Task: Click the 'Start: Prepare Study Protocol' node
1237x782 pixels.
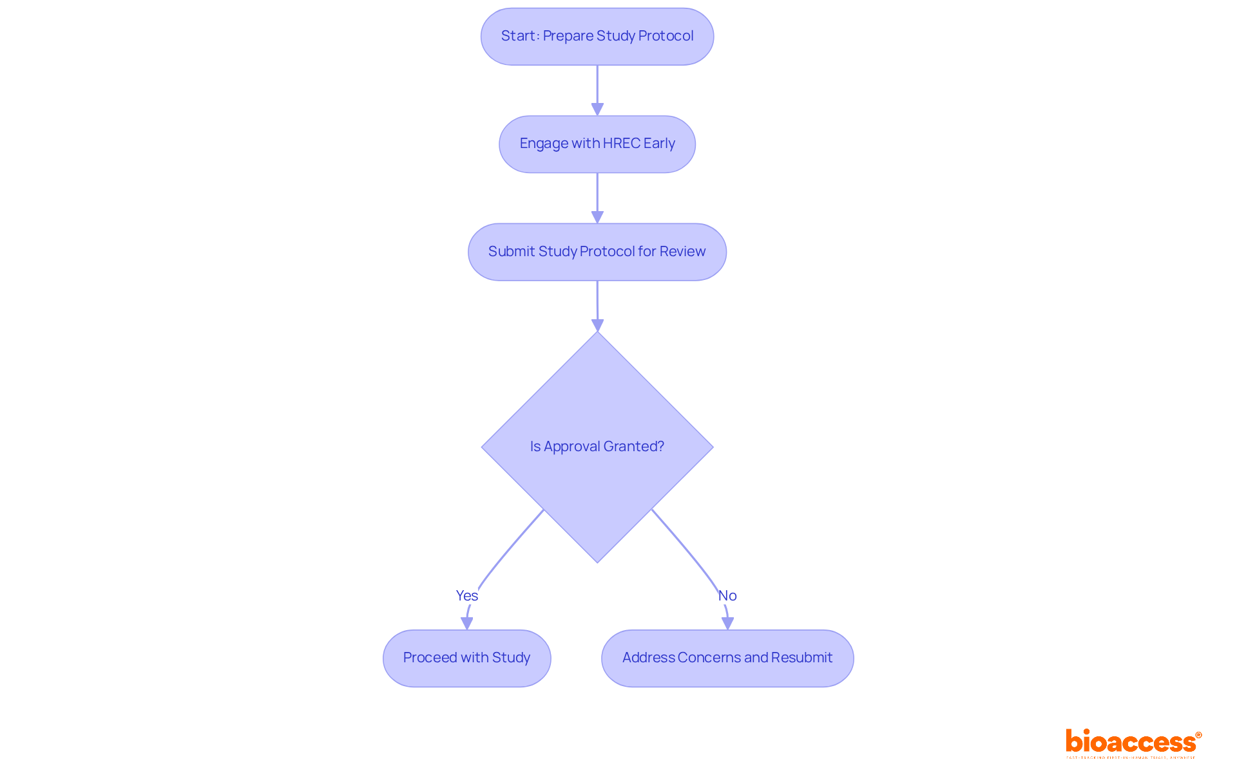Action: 597,37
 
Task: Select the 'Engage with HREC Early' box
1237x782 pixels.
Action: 597,144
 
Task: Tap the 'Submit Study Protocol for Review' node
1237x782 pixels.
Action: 597,252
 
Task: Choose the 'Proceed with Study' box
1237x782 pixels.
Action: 466,658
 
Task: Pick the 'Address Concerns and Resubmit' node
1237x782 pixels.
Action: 727,658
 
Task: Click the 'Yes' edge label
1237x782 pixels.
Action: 466,595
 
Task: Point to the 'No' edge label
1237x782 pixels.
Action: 727,595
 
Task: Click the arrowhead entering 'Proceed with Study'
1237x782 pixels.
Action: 466,623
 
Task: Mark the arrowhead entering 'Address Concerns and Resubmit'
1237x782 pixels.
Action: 727,623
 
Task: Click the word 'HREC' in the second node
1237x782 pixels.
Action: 621,144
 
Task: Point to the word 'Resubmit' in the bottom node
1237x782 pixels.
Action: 801,658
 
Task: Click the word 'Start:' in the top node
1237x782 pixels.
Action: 520,36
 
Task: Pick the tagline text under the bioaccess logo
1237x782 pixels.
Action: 1131,758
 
